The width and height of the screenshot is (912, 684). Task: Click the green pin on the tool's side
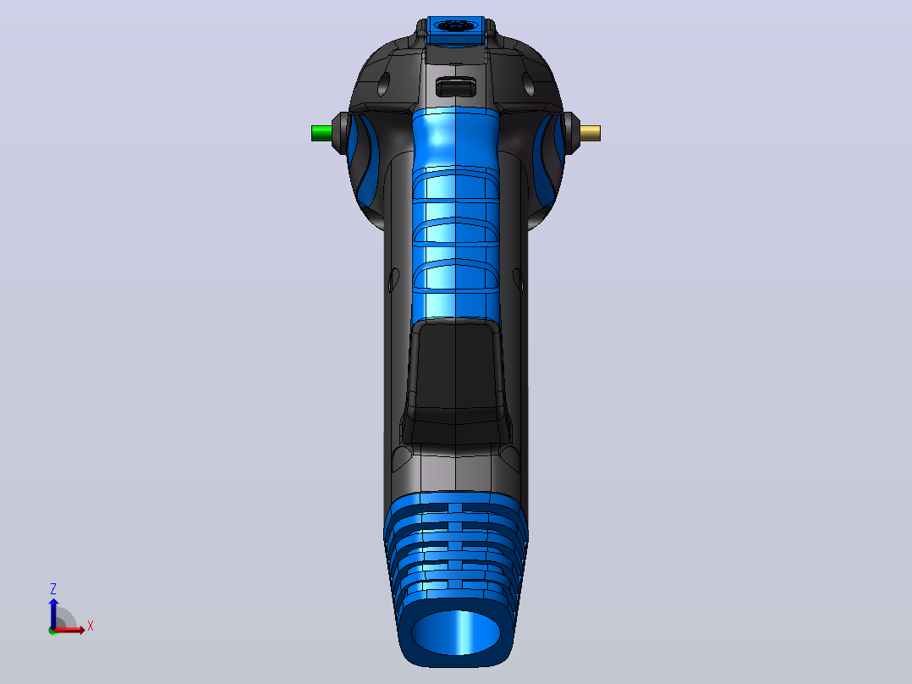(321, 133)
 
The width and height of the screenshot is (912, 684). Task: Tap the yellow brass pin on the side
(591, 133)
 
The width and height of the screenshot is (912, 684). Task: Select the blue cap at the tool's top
(455, 30)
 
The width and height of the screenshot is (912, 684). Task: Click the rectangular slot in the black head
(456, 87)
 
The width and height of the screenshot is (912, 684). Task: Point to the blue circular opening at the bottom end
(456, 632)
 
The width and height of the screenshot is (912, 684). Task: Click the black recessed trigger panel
(455, 372)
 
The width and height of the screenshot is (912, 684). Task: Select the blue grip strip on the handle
(455, 215)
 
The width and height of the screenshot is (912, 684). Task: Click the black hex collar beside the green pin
(340, 133)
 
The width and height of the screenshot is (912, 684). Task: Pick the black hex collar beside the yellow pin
(571, 133)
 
